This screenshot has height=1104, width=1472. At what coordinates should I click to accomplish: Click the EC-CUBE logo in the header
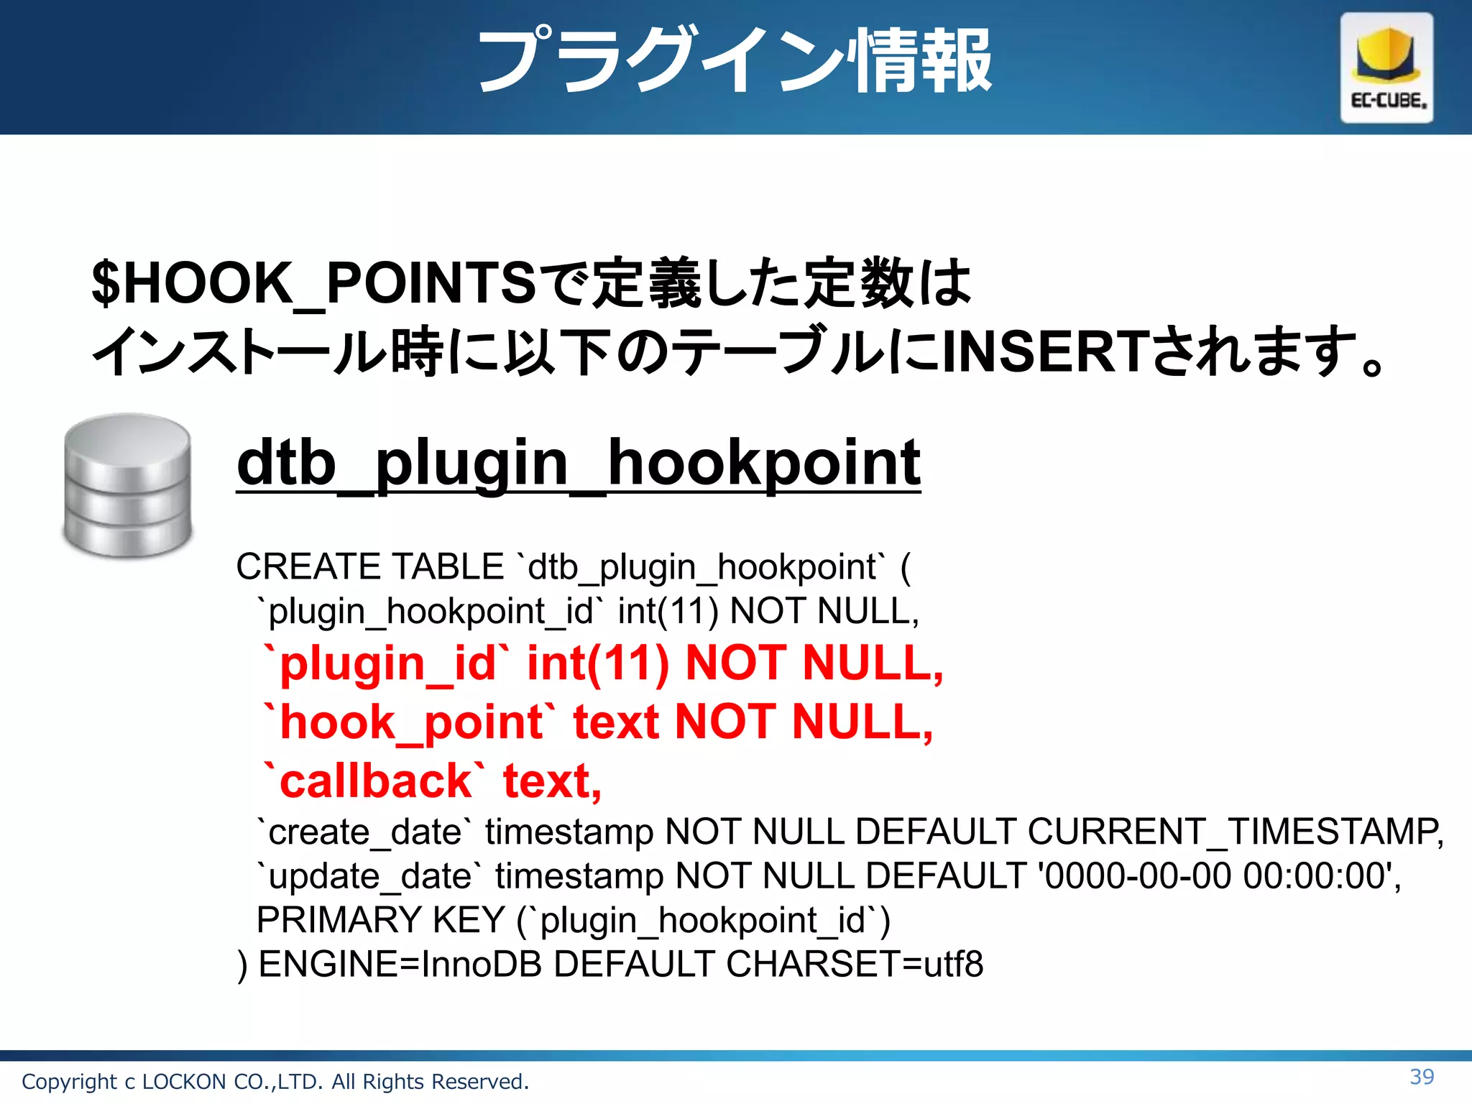click(x=1386, y=68)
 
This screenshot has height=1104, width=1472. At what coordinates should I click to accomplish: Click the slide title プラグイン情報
click(x=735, y=62)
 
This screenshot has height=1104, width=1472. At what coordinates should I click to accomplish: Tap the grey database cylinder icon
click(x=128, y=486)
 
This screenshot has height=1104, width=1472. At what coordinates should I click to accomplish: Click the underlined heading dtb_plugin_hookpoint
click(x=578, y=464)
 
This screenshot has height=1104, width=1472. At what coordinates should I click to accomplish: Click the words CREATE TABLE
click(x=369, y=567)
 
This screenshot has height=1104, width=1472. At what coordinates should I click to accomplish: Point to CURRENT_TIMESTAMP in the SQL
click(x=1233, y=832)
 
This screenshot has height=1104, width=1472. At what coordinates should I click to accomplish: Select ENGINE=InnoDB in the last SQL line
click(x=400, y=965)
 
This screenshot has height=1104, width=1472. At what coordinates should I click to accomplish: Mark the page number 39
click(x=1422, y=1077)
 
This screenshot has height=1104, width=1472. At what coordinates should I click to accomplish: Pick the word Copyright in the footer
click(x=69, y=1082)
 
